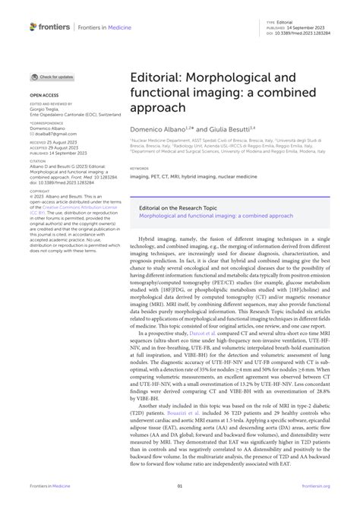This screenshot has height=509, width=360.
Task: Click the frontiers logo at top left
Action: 50,27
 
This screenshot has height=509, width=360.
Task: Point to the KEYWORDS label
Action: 140,168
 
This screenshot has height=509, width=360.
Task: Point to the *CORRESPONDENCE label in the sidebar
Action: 48,122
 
